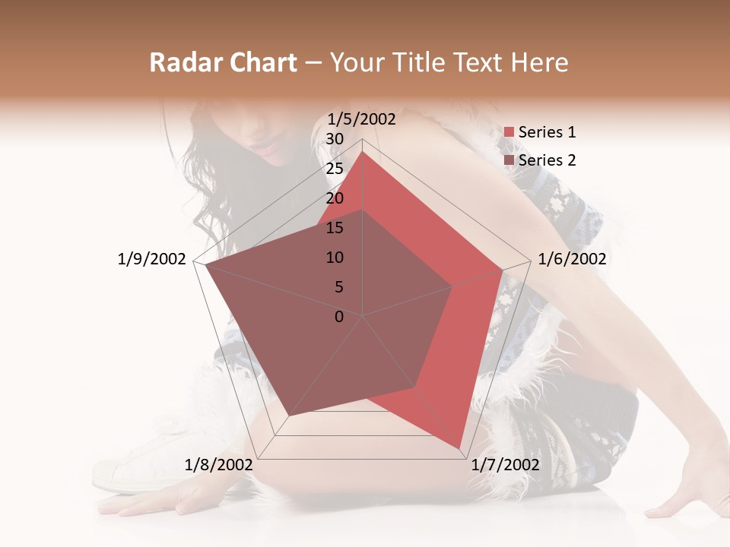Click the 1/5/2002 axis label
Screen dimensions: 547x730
[362, 119]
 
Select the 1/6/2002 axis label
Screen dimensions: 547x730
[572, 259]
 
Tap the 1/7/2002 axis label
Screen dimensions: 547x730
[505, 465]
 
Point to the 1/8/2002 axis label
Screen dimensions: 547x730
[218, 465]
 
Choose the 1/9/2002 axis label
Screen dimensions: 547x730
[152, 259]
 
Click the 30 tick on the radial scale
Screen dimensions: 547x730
[335, 139]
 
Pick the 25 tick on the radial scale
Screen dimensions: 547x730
[335, 169]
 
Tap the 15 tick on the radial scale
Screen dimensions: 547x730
[335, 228]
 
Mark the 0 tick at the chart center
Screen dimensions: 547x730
[339, 317]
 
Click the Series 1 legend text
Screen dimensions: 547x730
[547, 132]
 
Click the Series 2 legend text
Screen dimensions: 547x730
[547, 160]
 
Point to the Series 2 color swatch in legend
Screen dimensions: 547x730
[509, 160]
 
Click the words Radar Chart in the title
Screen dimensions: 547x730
[223, 63]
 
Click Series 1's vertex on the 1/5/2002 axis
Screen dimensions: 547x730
[363, 152]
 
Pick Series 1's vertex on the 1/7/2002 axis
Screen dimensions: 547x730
[459, 448]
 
